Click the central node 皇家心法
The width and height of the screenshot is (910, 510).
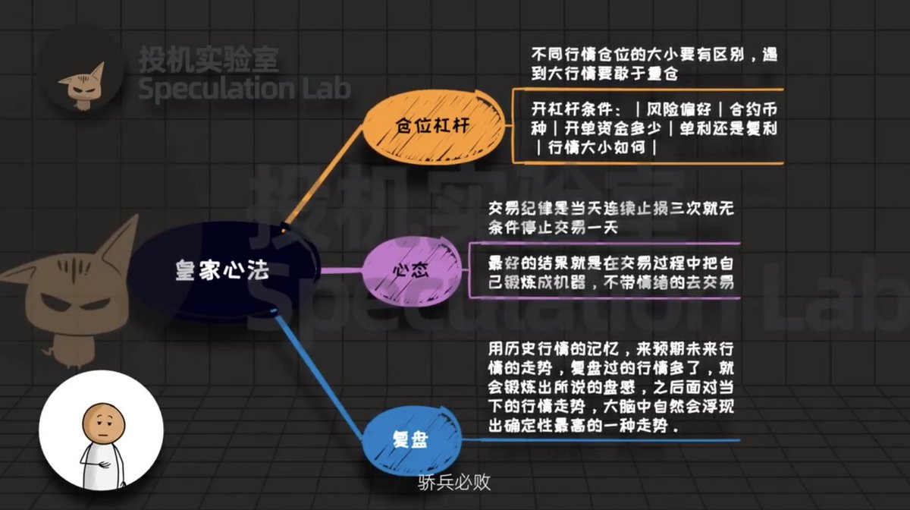(222, 271)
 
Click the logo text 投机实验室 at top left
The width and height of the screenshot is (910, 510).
(208, 59)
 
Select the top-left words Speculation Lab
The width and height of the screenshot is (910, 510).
(244, 89)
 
